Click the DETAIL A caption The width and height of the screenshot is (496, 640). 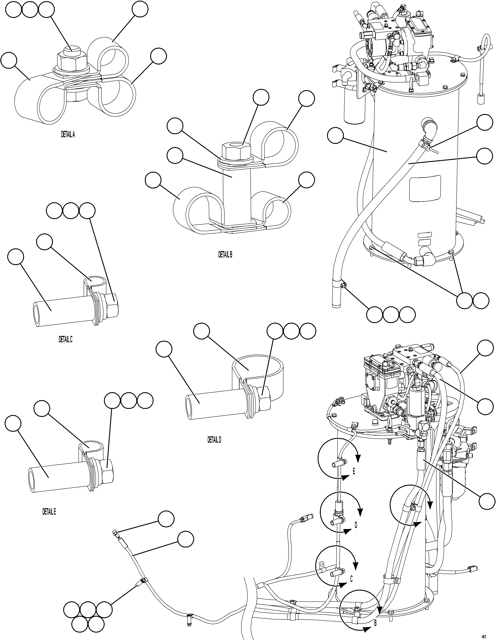pos(68,135)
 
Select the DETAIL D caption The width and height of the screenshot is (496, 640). pos(214,440)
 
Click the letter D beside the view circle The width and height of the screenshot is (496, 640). pos(356,525)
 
